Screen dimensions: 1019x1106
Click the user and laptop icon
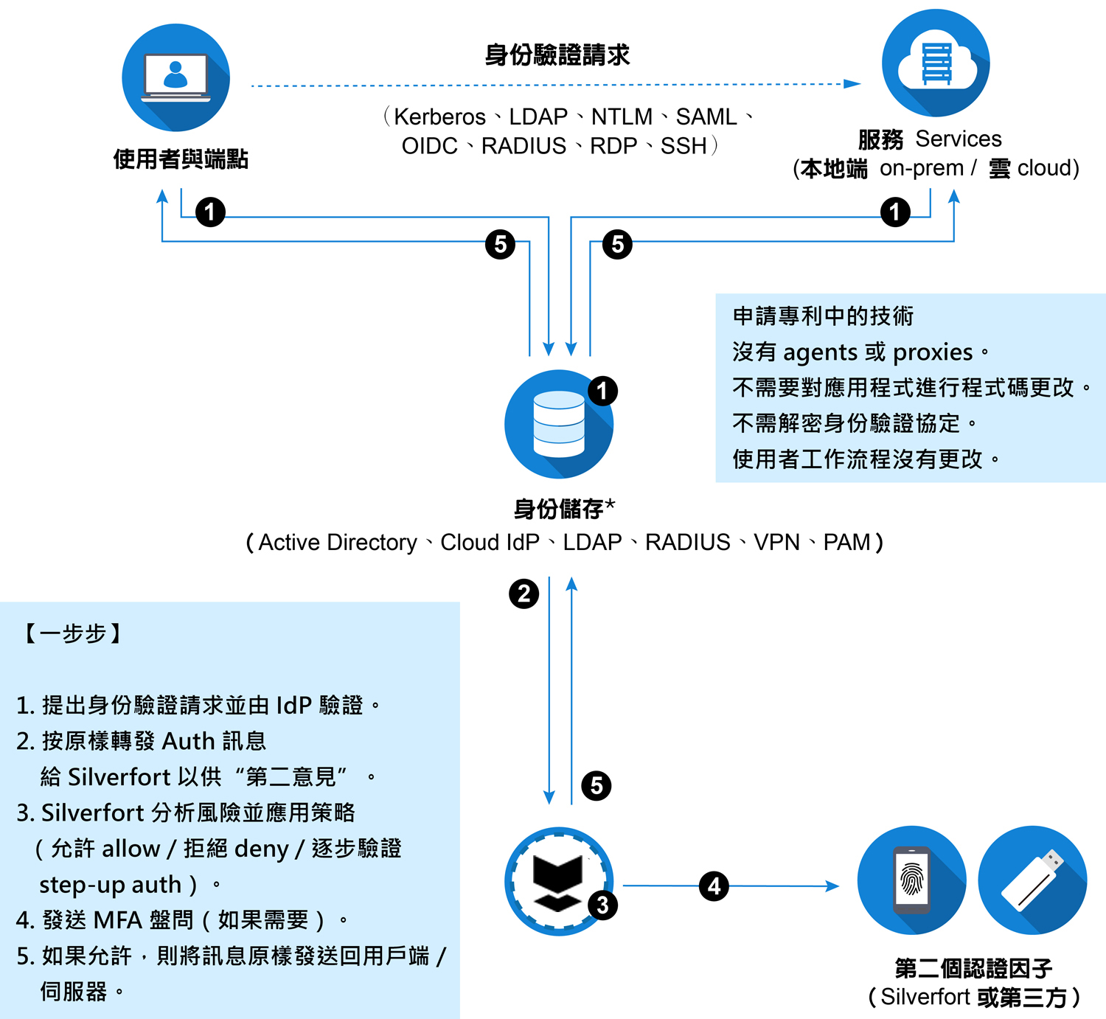tap(175, 77)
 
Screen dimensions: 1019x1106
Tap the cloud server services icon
tap(936, 63)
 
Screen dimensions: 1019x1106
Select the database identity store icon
tap(558, 424)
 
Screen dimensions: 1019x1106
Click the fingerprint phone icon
tap(911, 880)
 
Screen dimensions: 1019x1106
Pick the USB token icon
tap(1032, 880)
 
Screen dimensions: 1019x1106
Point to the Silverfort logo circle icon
tap(558, 880)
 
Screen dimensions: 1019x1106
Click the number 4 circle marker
tap(714, 886)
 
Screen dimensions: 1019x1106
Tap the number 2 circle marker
tap(524, 594)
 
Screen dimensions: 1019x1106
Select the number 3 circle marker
tap(602, 905)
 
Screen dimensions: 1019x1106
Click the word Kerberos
tap(439, 116)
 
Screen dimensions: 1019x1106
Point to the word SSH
tap(684, 146)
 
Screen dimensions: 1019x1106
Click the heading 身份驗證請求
tap(557, 55)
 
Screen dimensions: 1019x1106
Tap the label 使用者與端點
tap(181, 159)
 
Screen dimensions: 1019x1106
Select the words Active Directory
tap(338, 543)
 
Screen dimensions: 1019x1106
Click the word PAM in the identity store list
tap(846, 543)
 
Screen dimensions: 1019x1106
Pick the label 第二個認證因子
tap(973, 967)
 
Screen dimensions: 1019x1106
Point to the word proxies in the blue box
tap(933, 352)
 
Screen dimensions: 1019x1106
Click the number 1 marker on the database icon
tap(602, 391)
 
